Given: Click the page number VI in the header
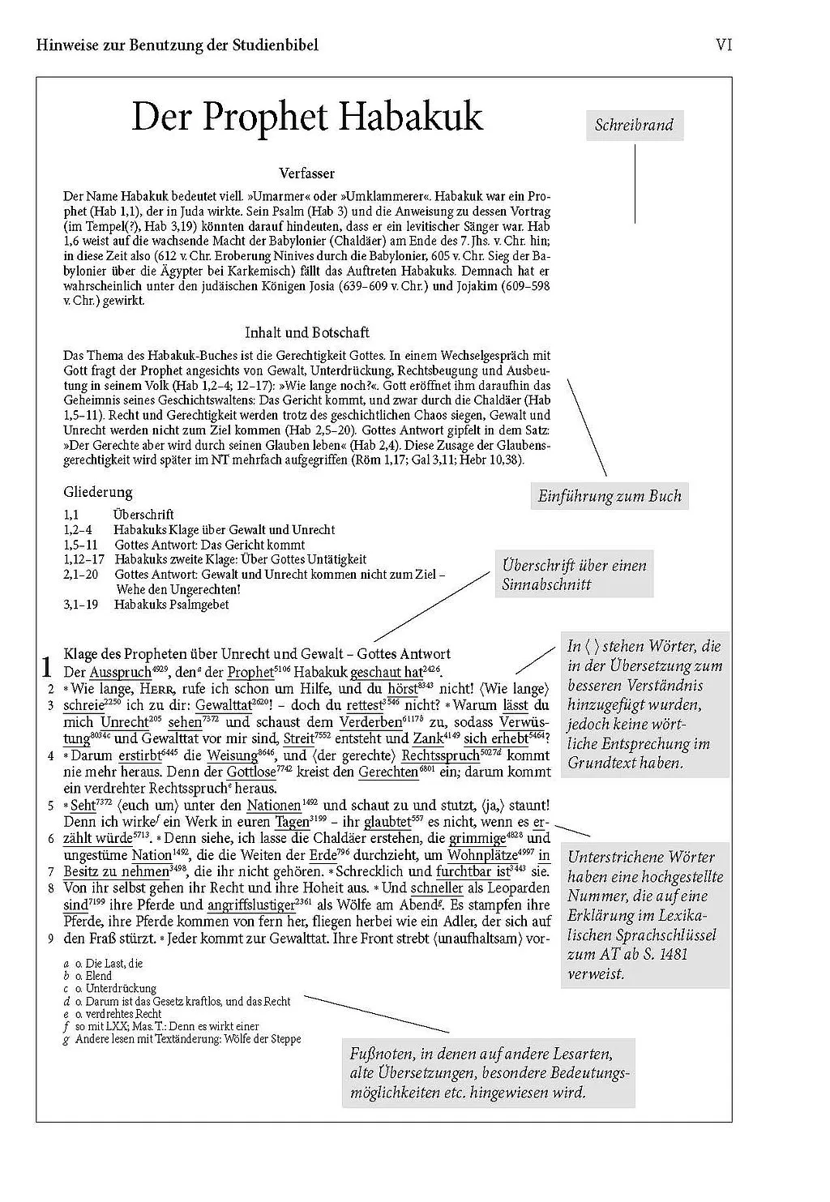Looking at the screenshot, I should click(x=724, y=45).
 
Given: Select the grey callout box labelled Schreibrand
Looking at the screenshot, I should click(x=634, y=125).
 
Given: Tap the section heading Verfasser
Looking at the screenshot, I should click(x=306, y=173).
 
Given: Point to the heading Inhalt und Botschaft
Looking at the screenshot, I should click(x=306, y=332).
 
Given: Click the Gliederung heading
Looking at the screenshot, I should click(x=97, y=492).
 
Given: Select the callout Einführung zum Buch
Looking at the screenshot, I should click(x=610, y=496).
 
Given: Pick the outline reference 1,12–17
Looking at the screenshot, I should click(x=84, y=559).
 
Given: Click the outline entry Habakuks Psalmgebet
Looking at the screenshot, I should click(x=172, y=605).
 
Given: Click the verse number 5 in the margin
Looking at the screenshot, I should click(x=50, y=806).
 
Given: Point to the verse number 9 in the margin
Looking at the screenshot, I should click(x=50, y=939).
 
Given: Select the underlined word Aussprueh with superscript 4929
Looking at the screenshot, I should click(x=120, y=672).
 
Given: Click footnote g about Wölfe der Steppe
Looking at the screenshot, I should click(x=186, y=1038).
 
